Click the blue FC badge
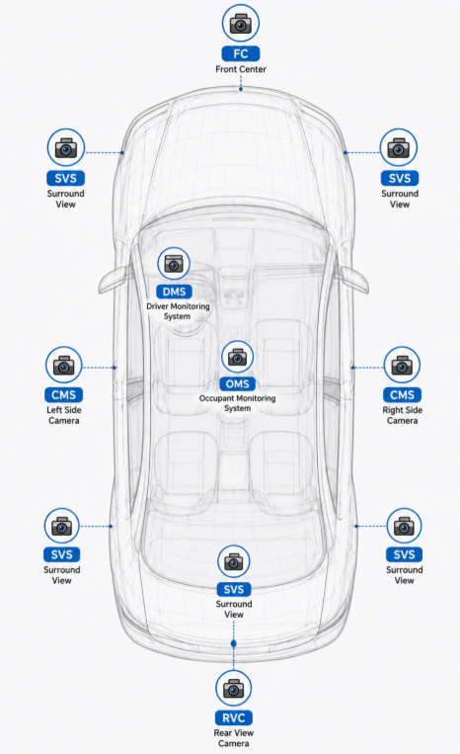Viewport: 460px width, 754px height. tap(241, 53)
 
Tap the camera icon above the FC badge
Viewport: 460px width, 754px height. tap(241, 23)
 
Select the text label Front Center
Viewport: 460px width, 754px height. tap(241, 69)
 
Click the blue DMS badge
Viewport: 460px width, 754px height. tap(175, 292)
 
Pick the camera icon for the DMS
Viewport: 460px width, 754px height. tap(174, 264)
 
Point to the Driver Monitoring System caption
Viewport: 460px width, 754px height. tap(178, 311)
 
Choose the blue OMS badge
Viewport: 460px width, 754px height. tap(237, 383)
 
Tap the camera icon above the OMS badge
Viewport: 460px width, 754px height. tap(237, 357)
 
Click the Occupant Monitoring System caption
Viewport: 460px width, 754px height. tap(237, 403)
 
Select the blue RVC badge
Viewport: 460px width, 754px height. tap(234, 717)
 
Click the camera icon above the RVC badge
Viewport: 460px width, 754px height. tap(233, 689)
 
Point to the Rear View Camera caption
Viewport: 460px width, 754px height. tap(234, 737)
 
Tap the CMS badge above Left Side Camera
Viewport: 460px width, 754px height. tap(64, 395)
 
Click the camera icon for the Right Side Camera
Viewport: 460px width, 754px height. tap(402, 366)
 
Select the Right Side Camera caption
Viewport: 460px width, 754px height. tap(403, 415)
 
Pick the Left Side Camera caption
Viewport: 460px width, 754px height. tap(64, 415)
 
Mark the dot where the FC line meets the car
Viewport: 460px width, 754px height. tap(241, 89)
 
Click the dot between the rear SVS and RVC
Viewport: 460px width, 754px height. tap(233, 643)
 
